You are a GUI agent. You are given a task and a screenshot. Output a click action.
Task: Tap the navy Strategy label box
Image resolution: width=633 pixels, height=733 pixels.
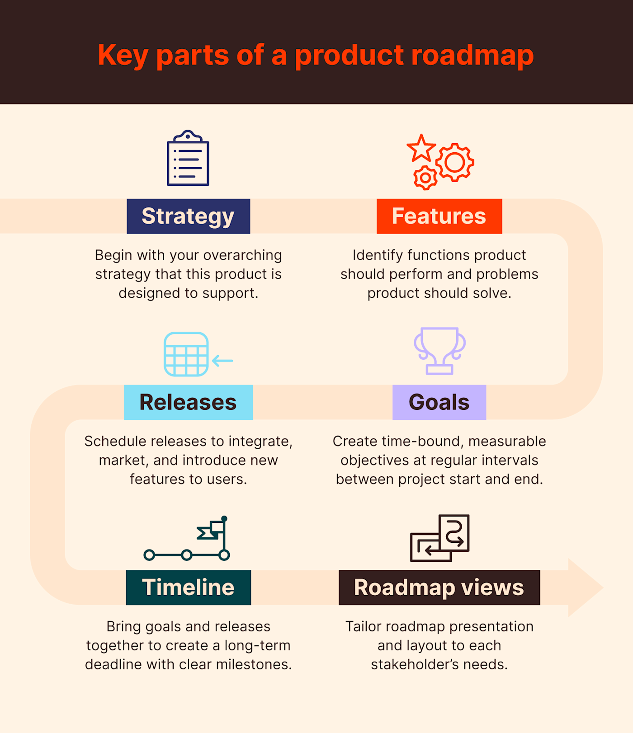tap(188, 216)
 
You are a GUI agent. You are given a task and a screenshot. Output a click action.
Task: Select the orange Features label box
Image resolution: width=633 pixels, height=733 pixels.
tap(439, 216)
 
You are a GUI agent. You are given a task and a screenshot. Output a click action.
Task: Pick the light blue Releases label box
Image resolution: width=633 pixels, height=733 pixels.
tap(188, 402)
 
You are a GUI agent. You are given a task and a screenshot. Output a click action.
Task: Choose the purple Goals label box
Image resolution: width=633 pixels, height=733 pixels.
tap(439, 402)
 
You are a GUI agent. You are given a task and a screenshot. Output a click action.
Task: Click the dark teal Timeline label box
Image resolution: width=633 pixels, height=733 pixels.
tap(188, 587)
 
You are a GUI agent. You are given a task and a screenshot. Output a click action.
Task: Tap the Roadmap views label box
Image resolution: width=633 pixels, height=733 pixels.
tap(439, 587)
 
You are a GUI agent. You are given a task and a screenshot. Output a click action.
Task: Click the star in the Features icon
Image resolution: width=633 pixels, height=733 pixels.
tap(421, 148)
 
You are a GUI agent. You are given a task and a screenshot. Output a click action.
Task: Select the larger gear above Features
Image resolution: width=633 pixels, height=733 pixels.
tap(455, 162)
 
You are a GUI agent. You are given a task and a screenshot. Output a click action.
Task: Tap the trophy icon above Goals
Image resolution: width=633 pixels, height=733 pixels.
tap(439, 350)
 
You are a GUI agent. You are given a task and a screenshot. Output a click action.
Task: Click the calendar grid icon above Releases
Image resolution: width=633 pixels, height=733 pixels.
tap(186, 354)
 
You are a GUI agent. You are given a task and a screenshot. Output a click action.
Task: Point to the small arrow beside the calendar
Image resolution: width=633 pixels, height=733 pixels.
tap(222, 361)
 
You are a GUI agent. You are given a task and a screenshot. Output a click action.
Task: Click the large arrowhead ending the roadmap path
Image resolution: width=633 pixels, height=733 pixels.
tap(585, 587)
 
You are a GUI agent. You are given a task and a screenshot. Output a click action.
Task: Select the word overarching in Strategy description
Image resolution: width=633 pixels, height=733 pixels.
tap(242, 255)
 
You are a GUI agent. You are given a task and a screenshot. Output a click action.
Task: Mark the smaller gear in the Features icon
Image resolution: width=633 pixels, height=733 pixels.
tap(425, 178)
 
